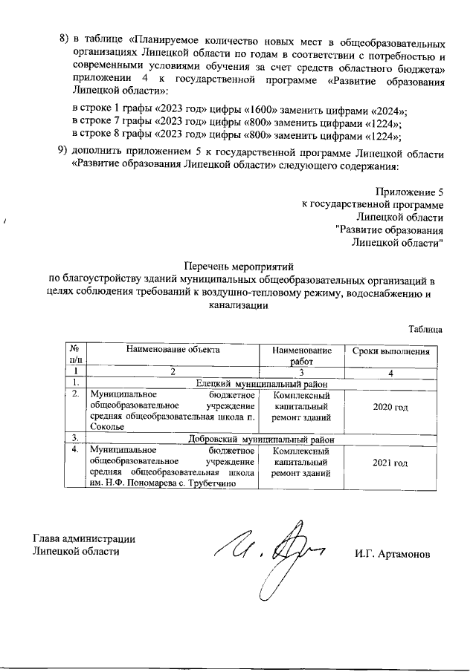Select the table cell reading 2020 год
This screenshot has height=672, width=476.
click(390, 408)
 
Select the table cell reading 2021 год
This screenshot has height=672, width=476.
click(390, 463)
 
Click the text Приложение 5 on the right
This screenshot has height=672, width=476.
click(411, 192)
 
